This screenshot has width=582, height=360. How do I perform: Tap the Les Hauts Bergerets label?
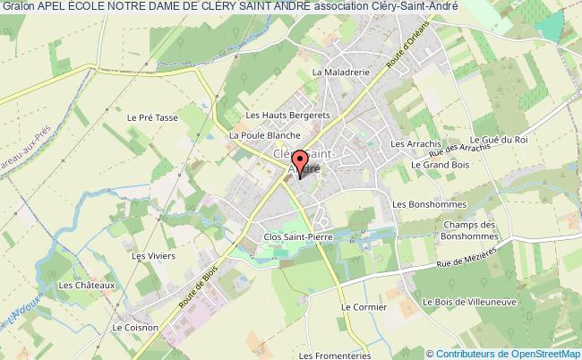[x=276, y=115]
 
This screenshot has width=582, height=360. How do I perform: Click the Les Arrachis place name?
[x=416, y=143]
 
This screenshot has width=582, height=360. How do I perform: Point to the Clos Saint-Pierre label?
[x=291, y=236]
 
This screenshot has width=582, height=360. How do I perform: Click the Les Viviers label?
[x=150, y=256]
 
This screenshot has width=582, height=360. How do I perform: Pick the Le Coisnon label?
[x=131, y=328]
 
